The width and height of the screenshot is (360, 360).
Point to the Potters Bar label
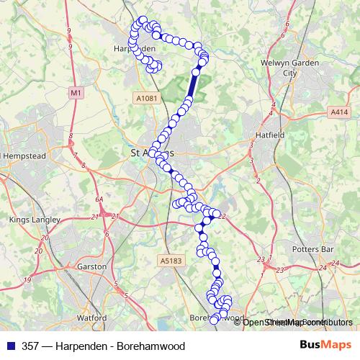pyautogui.click(x=310, y=249)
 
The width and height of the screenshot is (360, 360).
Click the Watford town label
pyautogui.click(x=91, y=317)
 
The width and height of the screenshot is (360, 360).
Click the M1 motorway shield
pyautogui.click(x=76, y=92)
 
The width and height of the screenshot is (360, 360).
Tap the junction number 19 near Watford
pyautogui.click(x=27, y=279)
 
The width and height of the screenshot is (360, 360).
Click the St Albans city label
pyautogui.click(x=151, y=153)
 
